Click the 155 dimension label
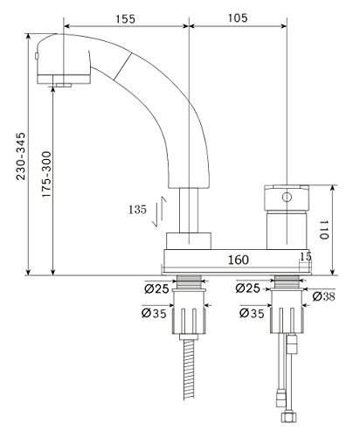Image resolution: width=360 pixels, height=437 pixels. (126, 19)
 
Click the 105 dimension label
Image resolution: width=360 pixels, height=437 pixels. (238, 18)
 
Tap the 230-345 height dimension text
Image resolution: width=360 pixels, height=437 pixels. (21, 156)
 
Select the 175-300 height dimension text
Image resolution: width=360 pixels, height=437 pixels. (46, 174)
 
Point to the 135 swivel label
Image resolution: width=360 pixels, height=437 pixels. (137, 210)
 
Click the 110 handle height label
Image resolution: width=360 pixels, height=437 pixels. (324, 230)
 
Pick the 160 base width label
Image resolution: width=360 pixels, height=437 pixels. (239, 260)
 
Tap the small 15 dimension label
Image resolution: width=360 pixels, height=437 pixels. (306, 256)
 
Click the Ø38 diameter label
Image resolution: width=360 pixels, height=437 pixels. (324, 296)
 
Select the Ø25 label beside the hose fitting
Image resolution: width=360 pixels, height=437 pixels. (156, 289)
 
